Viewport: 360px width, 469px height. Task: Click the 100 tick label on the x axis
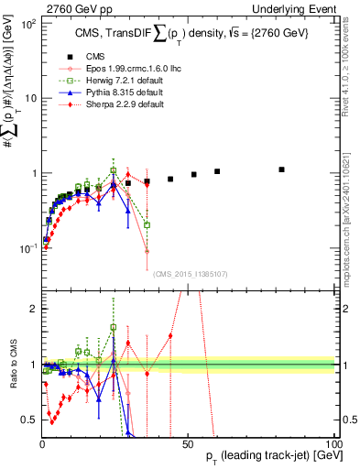pyautogui.click(x=331, y=442)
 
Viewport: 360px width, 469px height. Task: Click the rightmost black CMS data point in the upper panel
pyautogui.click(x=282, y=169)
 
